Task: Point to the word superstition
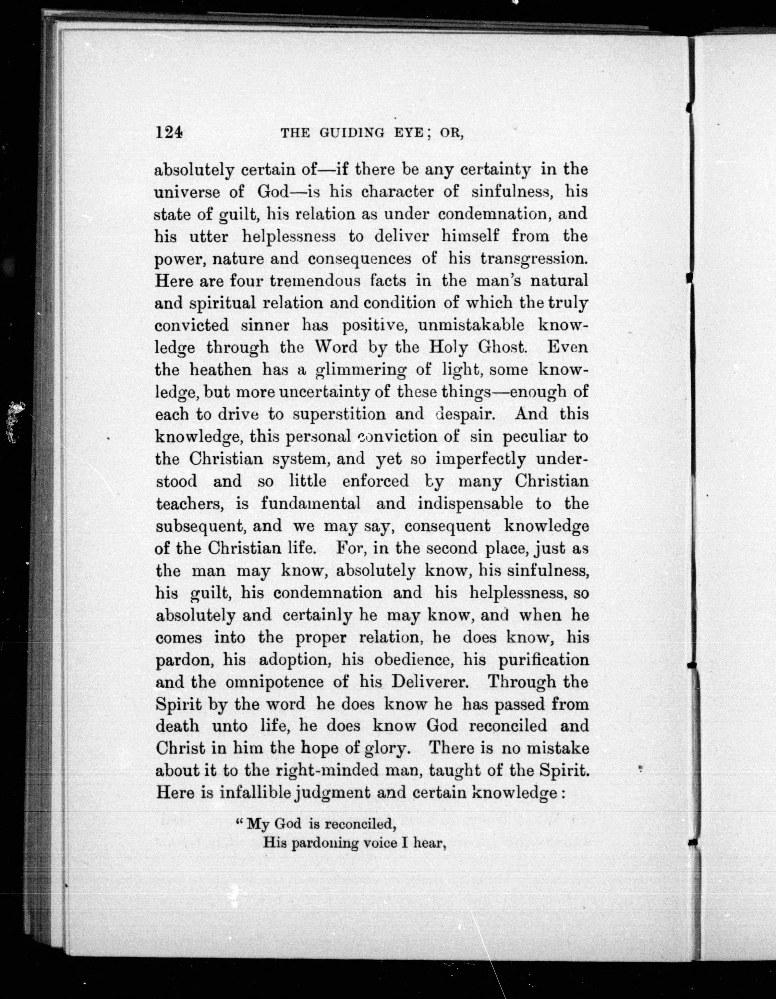338,415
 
